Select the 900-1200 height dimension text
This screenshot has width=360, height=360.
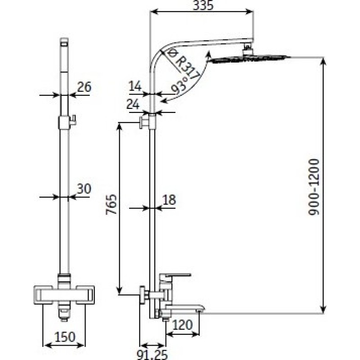(x=314, y=187)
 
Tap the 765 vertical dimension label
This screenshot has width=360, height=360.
(x=111, y=205)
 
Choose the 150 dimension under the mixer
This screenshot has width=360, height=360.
(x=65, y=337)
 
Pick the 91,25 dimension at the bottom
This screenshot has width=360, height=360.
(x=152, y=355)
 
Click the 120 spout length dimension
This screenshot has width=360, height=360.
(x=182, y=325)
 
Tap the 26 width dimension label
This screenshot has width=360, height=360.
(x=84, y=87)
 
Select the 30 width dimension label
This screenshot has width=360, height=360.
(x=84, y=189)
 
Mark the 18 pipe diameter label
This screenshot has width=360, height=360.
(x=169, y=200)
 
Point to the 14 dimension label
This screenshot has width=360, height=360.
(x=135, y=86)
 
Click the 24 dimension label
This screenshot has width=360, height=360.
(x=133, y=105)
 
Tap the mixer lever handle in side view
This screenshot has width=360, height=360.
(x=175, y=275)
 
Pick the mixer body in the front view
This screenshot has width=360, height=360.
(x=64, y=295)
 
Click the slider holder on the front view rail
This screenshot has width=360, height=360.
(x=67, y=122)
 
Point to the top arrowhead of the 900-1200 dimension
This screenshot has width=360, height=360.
(x=323, y=60)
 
